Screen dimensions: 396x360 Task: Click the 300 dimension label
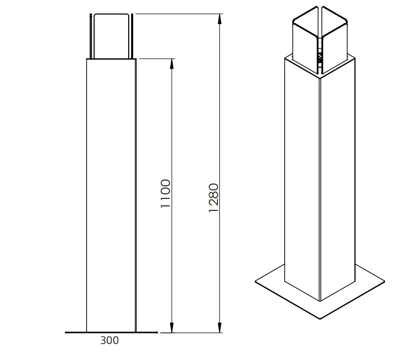click(x=109, y=340)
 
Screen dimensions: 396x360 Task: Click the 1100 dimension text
click(x=166, y=193)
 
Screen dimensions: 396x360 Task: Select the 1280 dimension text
click(x=213, y=198)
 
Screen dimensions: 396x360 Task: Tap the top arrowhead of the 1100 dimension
click(x=172, y=64)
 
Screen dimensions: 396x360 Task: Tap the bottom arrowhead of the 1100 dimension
click(x=172, y=327)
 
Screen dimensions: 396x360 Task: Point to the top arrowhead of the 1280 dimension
click(x=220, y=19)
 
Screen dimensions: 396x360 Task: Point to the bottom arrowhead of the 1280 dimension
click(x=220, y=327)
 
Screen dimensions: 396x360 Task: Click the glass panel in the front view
click(x=111, y=36)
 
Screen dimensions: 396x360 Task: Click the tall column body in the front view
click(x=111, y=196)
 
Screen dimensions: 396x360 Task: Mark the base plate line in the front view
click(x=111, y=332)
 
